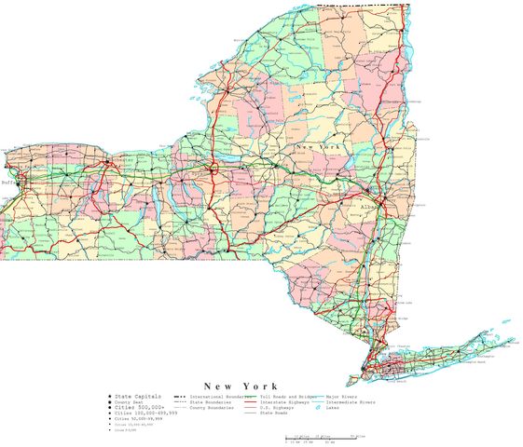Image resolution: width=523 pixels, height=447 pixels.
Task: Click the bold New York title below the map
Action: (239, 386)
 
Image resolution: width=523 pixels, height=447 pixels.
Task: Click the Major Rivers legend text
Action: (341, 396)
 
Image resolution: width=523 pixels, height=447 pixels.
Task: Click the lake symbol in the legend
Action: (317, 408)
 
